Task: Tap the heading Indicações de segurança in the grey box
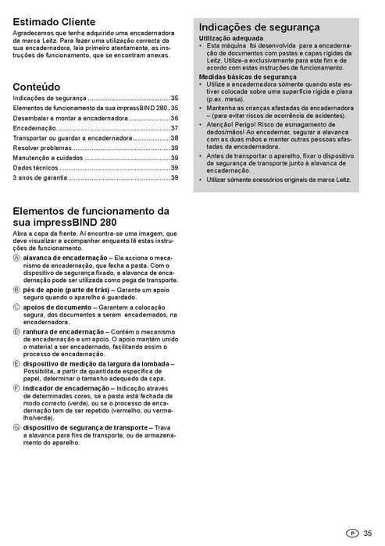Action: pos(259,27)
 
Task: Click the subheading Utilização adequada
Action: pos(231,37)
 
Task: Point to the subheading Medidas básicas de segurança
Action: pos(248,77)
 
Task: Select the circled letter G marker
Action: pos(17,426)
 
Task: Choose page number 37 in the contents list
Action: pos(175,127)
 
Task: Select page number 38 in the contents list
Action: pos(175,137)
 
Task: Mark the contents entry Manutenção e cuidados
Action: pos(48,158)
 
